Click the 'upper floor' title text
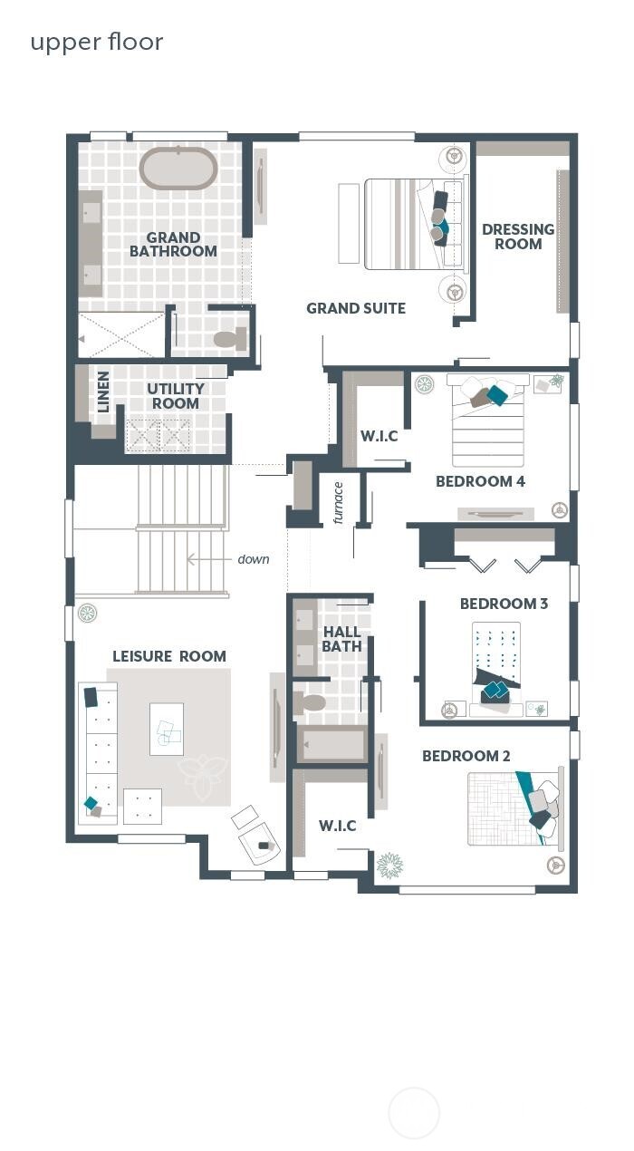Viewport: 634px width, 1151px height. coord(96,42)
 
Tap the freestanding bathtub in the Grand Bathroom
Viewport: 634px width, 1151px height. coord(178,168)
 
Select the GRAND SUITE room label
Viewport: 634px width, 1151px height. coord(355,308)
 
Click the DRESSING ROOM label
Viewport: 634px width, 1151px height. coord(518,237)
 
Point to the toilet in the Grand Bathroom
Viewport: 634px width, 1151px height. coord(229,339)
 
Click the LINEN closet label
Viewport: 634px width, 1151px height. coord(103,392)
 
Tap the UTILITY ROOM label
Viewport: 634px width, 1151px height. coord(176,396)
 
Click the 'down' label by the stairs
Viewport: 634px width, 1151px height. coord(253,559)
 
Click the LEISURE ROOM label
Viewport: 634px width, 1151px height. coord(168,656)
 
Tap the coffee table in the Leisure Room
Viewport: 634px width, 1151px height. coord(167,729)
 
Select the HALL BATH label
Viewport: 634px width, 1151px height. coord(341,639)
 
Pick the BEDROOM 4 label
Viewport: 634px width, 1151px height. coord(480,481)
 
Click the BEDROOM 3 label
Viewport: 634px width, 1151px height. coord(504,604)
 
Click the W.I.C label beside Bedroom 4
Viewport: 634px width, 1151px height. coord(379,436)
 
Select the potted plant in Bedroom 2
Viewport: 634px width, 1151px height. coord(390,865)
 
